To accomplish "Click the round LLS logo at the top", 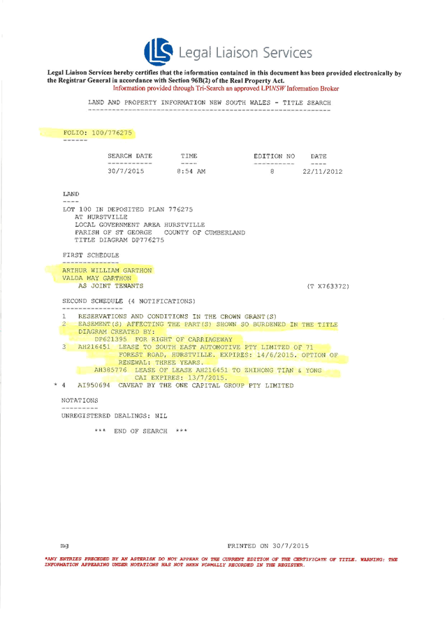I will click(159, 50).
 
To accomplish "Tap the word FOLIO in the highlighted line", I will click(75, 132).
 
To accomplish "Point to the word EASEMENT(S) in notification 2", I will click(100, 325).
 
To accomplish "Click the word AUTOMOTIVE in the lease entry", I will click(228, 346).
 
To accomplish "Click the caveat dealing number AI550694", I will click(91, 385).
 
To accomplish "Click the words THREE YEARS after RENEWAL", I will click(177, 363).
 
